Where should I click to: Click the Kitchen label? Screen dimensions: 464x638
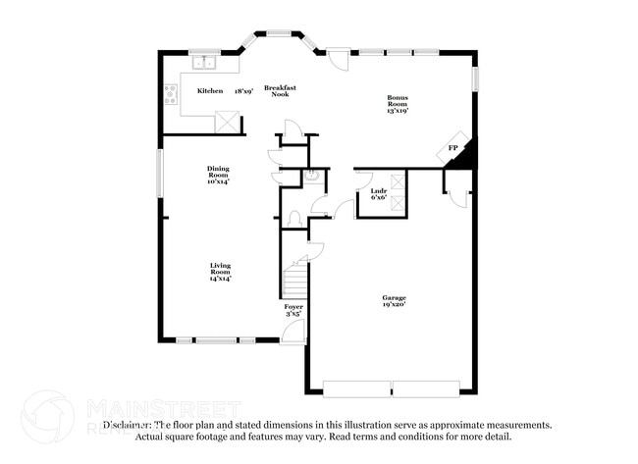(209, 91)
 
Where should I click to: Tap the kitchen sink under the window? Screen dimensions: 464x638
(205, 65)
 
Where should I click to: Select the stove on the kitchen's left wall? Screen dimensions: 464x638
(171, 95)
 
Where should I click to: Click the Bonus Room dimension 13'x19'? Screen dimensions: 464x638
(398, 111)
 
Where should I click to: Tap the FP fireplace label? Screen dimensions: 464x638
(452, 148)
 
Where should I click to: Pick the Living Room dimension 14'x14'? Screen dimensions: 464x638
(220, 279)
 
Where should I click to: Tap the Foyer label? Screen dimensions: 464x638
(293, 307)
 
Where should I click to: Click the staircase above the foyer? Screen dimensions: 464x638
(294, 280)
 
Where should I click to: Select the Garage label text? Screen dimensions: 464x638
(394, 297)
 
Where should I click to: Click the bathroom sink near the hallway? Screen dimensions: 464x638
(311, 178)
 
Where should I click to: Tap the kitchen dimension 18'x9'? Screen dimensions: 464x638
(241, 91)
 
